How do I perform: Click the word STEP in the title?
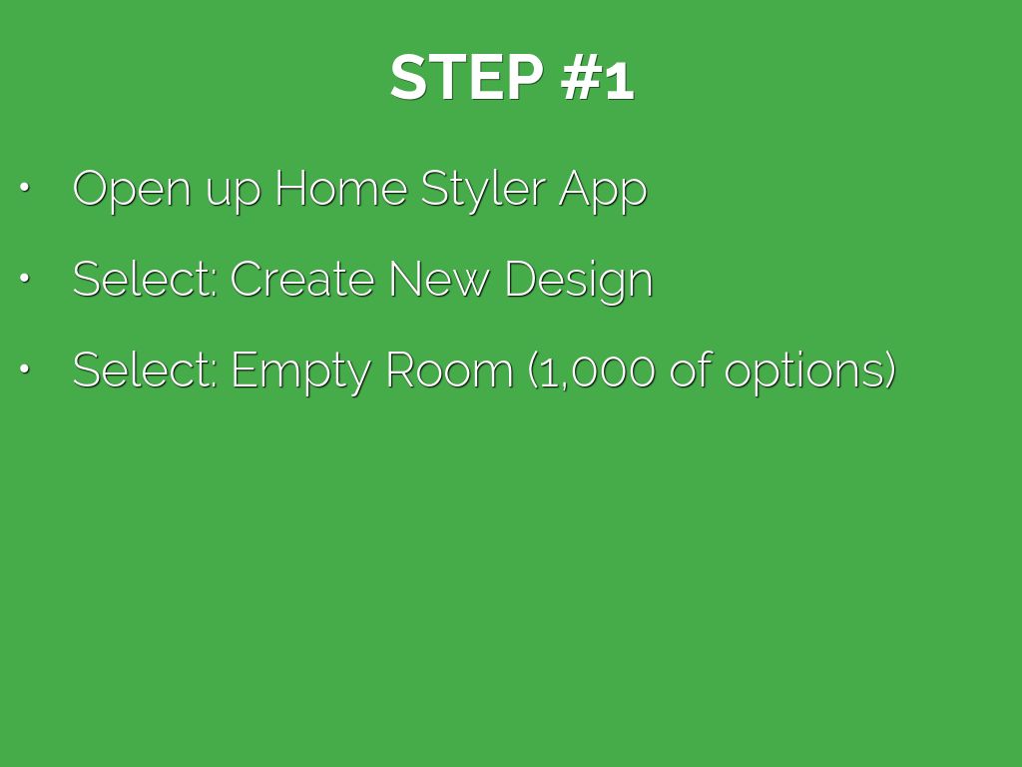pyautogui.click(x=467, y=77)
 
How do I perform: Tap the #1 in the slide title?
pyautogui.click(x=598, y=77)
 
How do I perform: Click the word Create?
pyautogui.click(x=301, y=280)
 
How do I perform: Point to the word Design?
pyautogui.click(x=579, y=282)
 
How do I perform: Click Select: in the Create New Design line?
pyautogui.click(x=145, y=280)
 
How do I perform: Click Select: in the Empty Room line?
pyautogui.click(x=145, y=370)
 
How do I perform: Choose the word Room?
pyautogui.click(x=450, y=370)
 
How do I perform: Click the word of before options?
pyautogui.click(x=691, y=370)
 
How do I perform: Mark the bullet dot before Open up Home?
pyautogui.click(x=25, y=188)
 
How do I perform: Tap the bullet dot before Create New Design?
pyautogui.click(x=25, y=279)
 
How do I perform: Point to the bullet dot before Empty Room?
pyautogui.click(x=25, y=370)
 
